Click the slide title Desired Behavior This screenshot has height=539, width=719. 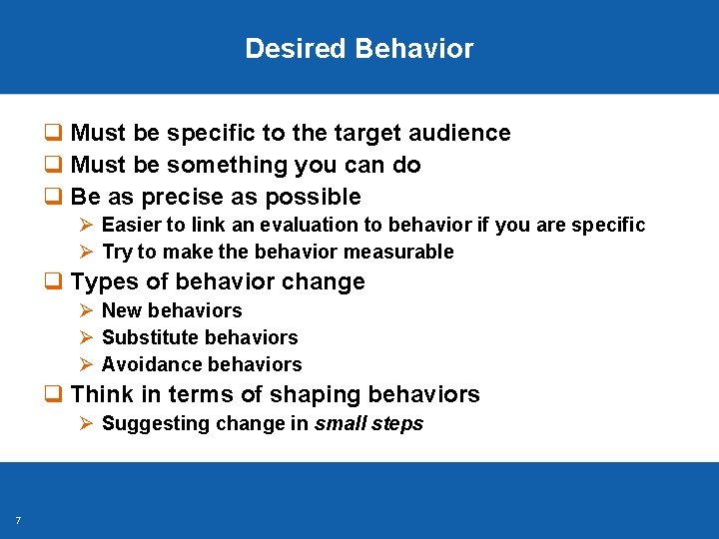[359, 49]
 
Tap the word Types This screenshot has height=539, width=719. [102, 282]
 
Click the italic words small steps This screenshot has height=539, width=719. [368, 424]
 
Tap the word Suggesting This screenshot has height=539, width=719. [149, 424]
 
